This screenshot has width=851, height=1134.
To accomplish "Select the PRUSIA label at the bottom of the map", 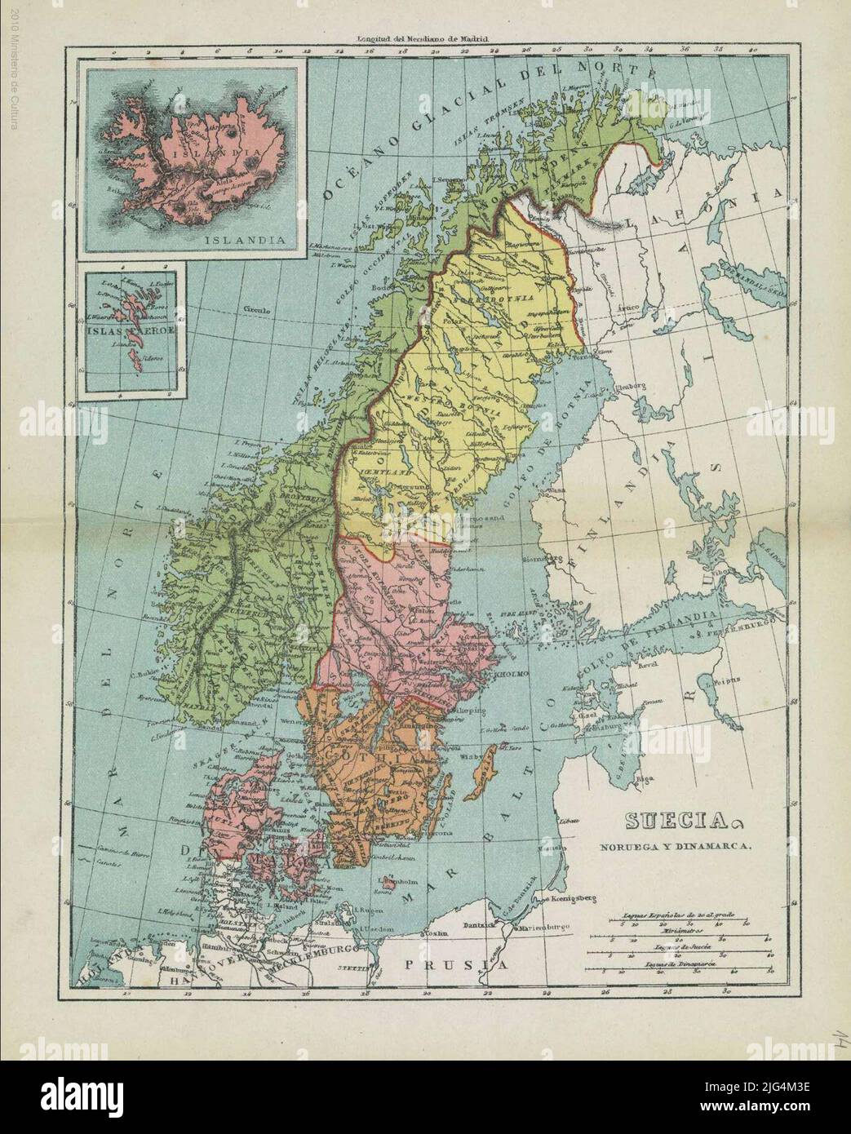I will pyautogui.click(x=455, y=965).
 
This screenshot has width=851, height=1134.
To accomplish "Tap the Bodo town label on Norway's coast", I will pyautogui.click(x=378, y=288).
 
